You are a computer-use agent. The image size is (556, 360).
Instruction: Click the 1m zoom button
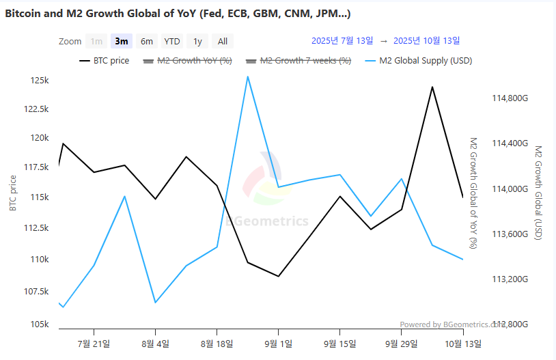(x=97, y=41)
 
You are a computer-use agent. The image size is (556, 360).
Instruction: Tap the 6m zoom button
(x=147, y=41)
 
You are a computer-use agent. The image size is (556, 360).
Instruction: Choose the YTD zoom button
(x=172, y=41)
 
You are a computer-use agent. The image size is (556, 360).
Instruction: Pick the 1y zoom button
(x=197, y=41)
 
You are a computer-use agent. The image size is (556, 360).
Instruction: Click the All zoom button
(x=223, y=41)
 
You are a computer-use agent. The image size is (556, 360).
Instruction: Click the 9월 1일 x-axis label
(x=279, y=343)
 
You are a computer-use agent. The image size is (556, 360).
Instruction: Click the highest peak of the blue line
(x=247, y=77)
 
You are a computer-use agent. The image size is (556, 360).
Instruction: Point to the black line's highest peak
(x=432, y=87)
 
